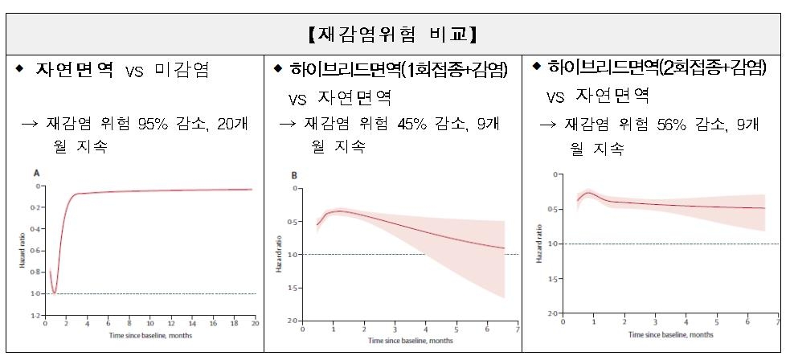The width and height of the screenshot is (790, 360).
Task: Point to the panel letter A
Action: (x=36, y=173)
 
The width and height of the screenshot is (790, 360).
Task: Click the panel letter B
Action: (x=293, y=175)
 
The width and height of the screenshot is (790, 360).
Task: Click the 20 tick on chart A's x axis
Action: (x=256, y=324)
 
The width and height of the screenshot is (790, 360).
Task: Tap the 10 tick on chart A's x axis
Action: (x=150, y=324)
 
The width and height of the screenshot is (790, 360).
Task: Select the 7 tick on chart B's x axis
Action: (x=518, y=329)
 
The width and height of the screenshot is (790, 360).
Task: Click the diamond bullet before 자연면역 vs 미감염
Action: (x=19, y=68)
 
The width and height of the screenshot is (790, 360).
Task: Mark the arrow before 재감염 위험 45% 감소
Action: (x=287, y=124)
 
